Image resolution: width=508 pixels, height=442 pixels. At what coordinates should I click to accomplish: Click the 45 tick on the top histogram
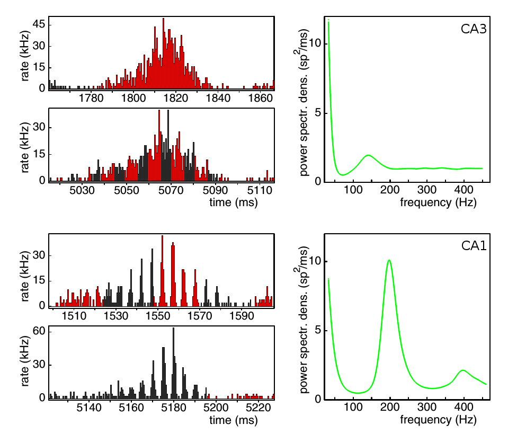(x=40, y=24)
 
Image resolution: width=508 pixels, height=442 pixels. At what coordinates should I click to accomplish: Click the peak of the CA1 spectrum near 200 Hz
(x=389, y=260)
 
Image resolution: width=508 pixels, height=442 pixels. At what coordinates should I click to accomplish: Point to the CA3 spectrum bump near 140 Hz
(x=368, y=155)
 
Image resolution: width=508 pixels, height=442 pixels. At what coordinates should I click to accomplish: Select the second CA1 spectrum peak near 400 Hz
(x=463, y=370)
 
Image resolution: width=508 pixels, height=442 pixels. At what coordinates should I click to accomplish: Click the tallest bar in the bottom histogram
(x=173, y=329)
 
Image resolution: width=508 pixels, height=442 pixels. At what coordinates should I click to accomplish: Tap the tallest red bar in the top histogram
(x=163, y=19)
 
